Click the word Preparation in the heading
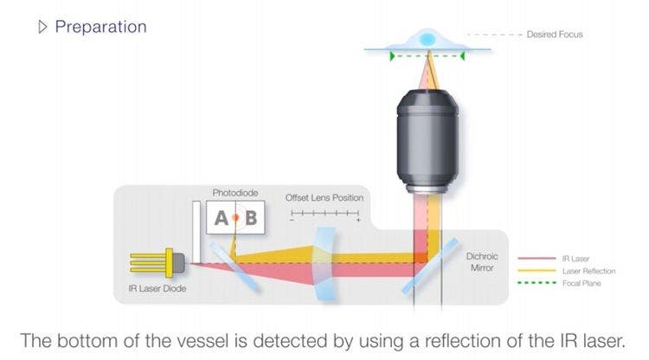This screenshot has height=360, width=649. click(x=100, y=27)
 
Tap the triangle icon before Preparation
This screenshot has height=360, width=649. click(x=42, y=27)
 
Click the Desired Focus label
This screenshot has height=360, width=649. click(x=554, y=35)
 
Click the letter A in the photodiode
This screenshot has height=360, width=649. click(x=222, y=218)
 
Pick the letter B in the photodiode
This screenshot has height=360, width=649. click(x=250, y=218)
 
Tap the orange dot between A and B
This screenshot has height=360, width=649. click(x=235, y=218)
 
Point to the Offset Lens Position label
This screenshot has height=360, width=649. click(x=324, y=198)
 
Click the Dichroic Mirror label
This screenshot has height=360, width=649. click(x=482, y=262)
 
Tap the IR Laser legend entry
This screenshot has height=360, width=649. click(x=576, y=258)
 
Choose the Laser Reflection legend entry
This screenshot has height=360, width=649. click(x=588, y=270)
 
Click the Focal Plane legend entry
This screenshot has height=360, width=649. click(x=580, y=283)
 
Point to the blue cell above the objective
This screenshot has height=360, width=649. click(x=426, y=39)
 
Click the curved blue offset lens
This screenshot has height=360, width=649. click(x=322, y=260)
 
